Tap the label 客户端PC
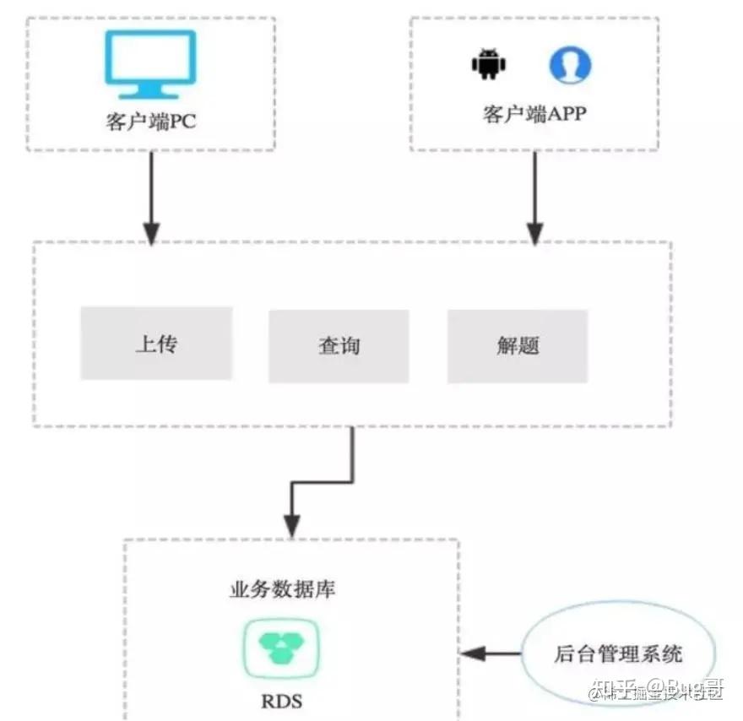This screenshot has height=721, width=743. pos(151,122)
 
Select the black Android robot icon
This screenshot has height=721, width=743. pos(487,65)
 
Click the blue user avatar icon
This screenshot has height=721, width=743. pos(571,65)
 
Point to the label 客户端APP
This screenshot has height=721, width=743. pos(534,114)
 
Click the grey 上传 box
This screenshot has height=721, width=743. pos(156,344)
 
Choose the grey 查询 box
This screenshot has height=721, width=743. pos(339,346)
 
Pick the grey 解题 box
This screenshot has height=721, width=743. pos(518,346)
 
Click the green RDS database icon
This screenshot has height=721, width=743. pos(281,648)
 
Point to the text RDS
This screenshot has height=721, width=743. pos(282,701)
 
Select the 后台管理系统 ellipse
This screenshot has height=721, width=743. pos(619,653)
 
